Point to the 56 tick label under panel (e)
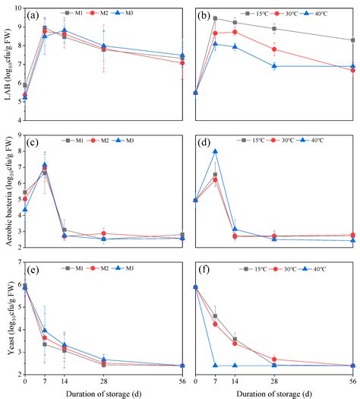181,380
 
